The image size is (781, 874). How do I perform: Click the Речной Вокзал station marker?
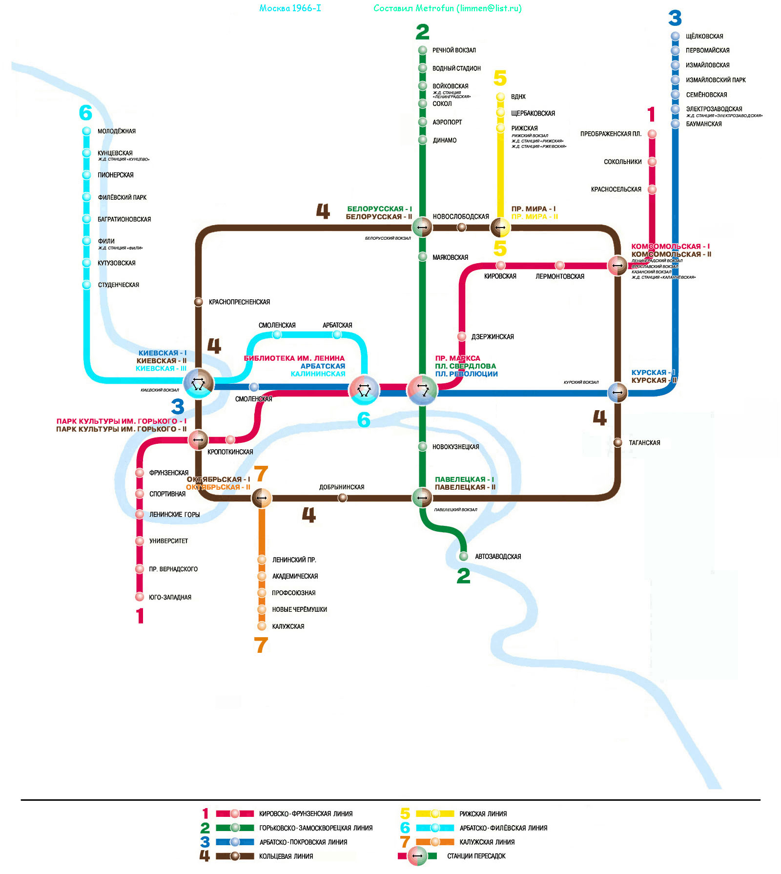[x=423, y=50]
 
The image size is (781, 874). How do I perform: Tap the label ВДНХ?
[x=518, y=97]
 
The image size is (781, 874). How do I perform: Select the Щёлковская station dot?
[x=675, y=36]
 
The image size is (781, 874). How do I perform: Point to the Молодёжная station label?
[x=116, y=131]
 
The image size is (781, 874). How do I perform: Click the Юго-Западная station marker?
[x=140, y=597]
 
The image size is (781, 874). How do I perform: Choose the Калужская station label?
[x=288, y=626]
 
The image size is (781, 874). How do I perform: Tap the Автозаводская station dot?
[x=463, y=556]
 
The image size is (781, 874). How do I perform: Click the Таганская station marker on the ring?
[x=617, y=442]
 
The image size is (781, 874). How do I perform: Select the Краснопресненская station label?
[x=239, y=302]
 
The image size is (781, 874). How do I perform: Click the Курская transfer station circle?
[x=617, y=392]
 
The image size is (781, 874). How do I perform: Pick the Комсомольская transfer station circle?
[x=617, y=266]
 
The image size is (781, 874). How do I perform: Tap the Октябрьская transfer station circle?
[x=262, y=498]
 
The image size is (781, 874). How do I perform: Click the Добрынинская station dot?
[x=343, y=498]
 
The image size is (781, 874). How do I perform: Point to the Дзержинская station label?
[x=492, y=337]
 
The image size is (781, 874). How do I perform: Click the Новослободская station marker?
[x=461, y=227]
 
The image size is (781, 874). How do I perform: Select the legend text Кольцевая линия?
[x=286, y=856]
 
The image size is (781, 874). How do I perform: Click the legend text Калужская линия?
[x=487, y=842]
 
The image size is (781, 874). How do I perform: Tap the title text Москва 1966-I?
[x=290, y=8]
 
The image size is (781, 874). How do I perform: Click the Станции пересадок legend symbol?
[x=417, y=856]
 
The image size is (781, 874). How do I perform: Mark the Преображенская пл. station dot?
[x=652, y=134]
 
